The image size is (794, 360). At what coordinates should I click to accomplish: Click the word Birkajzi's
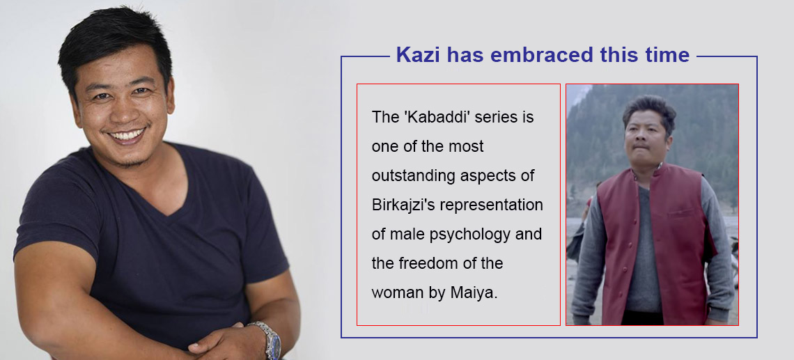tap(403, 205)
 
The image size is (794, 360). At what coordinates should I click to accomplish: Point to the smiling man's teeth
tap(127, 136)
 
